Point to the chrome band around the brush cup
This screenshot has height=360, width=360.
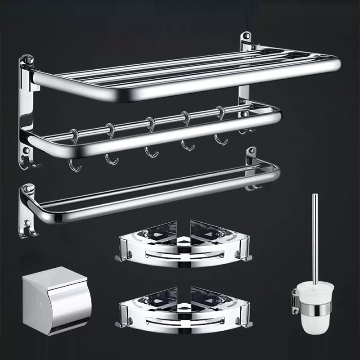coord(318,307)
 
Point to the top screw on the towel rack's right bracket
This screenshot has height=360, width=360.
coord(247,35)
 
